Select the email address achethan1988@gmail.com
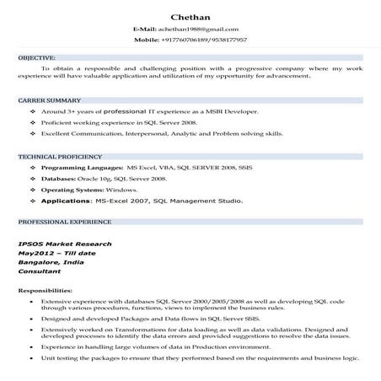[203, 30]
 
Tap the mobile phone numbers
[211, 40]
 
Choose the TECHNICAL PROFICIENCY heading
[60, 157]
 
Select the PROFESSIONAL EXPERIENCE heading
[64, 222]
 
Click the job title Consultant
[40, 271]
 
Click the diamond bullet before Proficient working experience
[32, 122]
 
